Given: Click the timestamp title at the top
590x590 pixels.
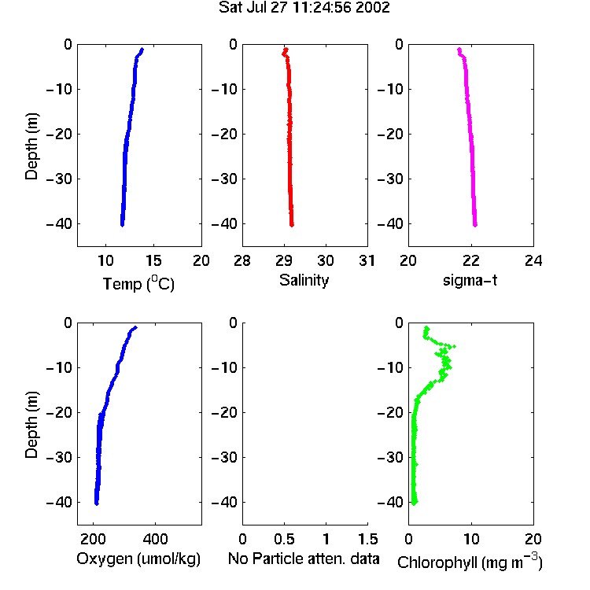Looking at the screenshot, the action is click(x=304, y=7).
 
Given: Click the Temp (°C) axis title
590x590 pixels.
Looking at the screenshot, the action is click(x=138, y=283).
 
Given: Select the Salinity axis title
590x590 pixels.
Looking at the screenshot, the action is click(x=304, y=280).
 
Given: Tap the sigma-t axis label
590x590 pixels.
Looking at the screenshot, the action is click(x=470, y=280).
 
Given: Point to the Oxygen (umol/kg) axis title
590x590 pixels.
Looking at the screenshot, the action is click(x=138, y=559).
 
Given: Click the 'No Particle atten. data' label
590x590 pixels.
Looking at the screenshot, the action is click(x=304, y=559).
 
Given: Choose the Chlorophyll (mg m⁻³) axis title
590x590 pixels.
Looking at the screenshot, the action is click(x=470, y=561).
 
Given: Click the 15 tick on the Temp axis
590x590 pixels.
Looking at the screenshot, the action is click(x=153, y=260).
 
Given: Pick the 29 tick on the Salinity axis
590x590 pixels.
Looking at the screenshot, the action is click(x=284, y=260).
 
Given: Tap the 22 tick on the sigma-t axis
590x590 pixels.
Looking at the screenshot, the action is click(x=470, y=260).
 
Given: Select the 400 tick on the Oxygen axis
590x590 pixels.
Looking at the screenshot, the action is click(x=155, y=539).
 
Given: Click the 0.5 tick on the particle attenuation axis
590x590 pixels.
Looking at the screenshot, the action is click(x=284, y=539).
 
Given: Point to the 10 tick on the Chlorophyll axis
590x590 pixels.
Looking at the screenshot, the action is click(x=471, y=539).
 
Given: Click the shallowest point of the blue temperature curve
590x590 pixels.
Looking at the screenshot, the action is click(x=142, y=50).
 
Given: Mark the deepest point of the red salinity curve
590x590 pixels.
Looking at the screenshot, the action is click(x=292, y=225).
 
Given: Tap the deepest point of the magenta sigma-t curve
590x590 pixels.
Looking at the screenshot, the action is click(x=475, y=225).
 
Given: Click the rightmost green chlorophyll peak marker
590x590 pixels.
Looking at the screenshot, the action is click(x=454, y=346).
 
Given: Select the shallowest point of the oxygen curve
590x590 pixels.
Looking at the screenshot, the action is click(x=135, y=328).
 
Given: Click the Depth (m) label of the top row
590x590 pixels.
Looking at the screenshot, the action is click(x=31, y=146).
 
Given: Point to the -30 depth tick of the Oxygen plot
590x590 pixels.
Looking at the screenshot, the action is click(x=59, y=457).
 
